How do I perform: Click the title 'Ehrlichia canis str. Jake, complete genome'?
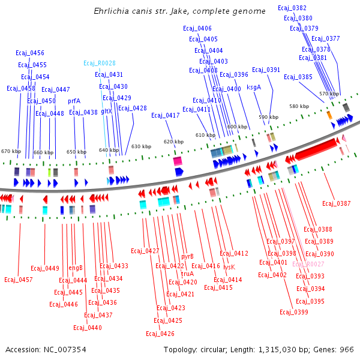coord(180,11)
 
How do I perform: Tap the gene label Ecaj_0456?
coord(30,53)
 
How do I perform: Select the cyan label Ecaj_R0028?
coord(100,63)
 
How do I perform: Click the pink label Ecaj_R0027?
coord(308,264)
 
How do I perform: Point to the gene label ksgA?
coord(254,87)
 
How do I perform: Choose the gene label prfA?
coord(74,101)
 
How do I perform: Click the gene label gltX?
coord(106,111)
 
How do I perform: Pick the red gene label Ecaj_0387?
coord(337,204)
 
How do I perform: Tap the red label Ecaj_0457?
coord(19,280)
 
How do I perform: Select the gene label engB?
coord(75,268)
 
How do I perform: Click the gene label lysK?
coord(229,266)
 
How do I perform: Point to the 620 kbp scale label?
coord(173,142)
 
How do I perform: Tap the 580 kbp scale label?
coord(299,106)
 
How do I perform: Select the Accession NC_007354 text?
coord(46,349)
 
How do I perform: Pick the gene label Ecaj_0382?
coord(292,8)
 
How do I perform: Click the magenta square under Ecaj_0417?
coord(178,161)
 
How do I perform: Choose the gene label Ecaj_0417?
coord(166,115)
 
